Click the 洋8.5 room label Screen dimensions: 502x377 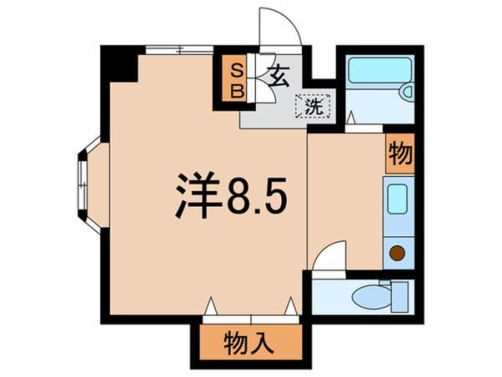tap(231, 195)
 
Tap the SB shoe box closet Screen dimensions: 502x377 tap(238, 79)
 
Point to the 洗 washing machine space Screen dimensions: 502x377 tap(313, 106)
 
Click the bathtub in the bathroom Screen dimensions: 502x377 tap(380, 70)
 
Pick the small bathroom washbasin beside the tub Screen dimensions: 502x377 tap(407, 91)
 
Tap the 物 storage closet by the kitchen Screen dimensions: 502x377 tap(400, 153)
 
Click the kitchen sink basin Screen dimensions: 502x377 tap(397, 199)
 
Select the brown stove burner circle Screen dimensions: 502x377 tap(397, 253)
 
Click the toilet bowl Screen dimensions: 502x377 tap(371, 297)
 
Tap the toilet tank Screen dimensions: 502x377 tap(400, 297)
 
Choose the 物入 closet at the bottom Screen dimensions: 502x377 tap(250, 342)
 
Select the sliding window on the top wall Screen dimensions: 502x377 tap(180, 49)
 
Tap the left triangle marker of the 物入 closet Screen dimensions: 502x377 tap(211, 306)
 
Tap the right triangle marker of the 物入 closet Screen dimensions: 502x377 tap(291, 306)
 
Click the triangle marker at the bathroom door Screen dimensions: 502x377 tap(351, 117)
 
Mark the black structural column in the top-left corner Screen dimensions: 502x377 tap(119, 64)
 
